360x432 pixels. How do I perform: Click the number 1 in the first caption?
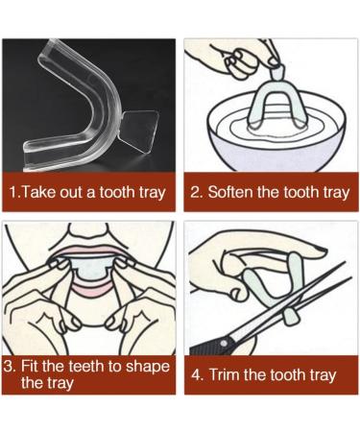coord(12,192)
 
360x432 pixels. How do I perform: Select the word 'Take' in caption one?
coord(39,192)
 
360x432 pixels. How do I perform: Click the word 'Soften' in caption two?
coord(233,192)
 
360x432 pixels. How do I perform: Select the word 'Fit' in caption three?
coord(36,366)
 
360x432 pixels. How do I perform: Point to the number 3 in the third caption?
coord(9,366)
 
